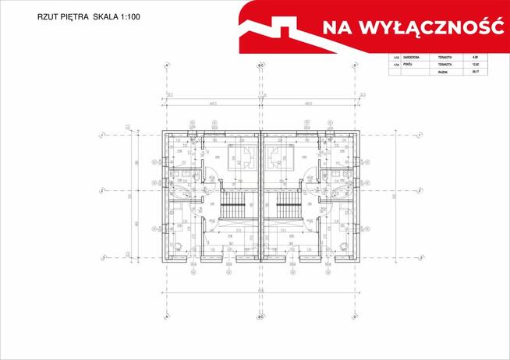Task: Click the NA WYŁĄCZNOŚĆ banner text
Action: (x=410, y=27)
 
